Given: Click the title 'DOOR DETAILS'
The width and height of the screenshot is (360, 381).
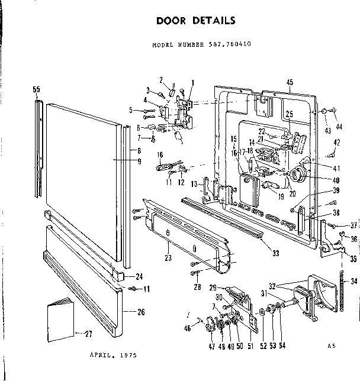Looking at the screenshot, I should pos(195,20).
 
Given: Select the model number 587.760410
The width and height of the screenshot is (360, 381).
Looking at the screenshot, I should pos(196,45).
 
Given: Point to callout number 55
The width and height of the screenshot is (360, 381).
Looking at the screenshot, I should pos(37,89).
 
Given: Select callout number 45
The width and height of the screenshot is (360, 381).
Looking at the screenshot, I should pos(290,82).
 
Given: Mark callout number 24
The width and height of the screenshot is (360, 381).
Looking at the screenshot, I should pos(140,276).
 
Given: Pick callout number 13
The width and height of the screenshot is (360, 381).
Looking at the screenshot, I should pos(194,185).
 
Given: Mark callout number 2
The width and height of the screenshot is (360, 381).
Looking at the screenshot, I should pos(160,80).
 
